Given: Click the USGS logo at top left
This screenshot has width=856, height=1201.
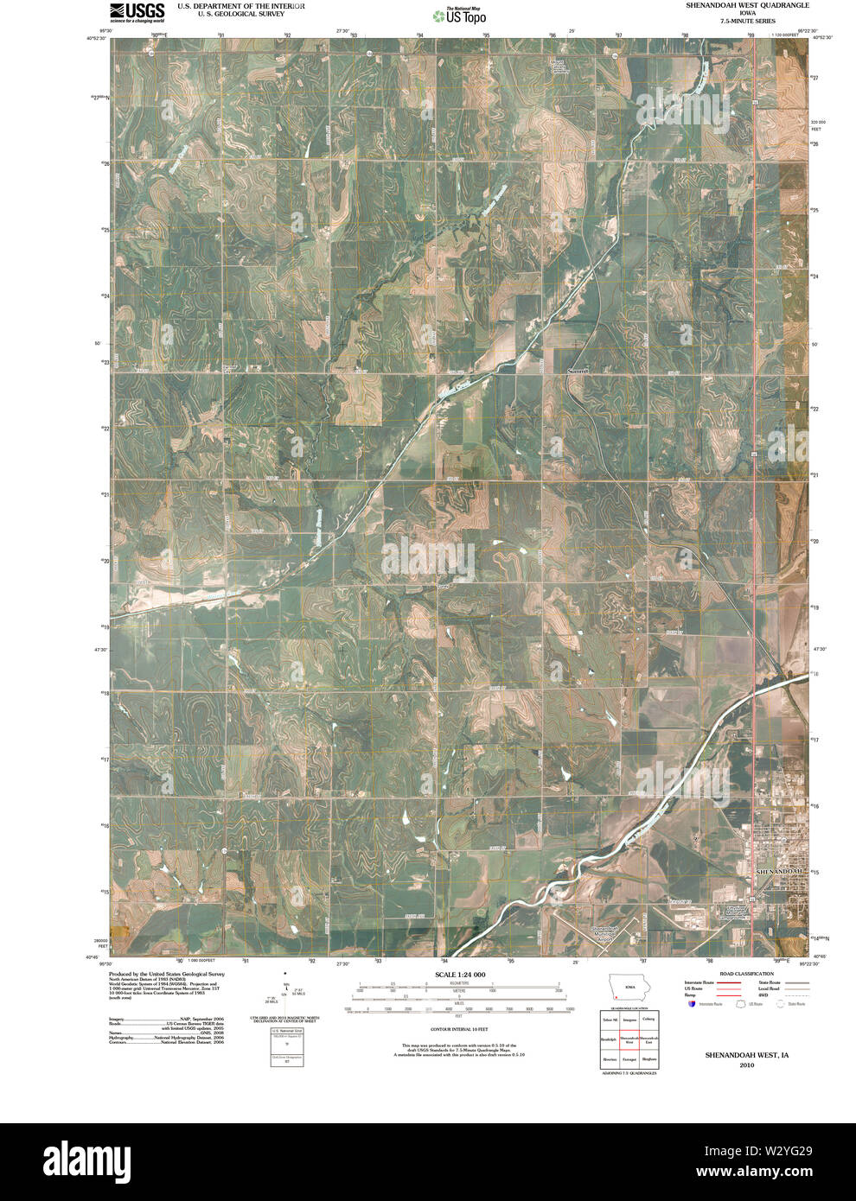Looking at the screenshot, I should pos(137,12).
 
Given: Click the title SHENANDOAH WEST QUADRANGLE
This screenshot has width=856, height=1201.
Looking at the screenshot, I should pos(748,5).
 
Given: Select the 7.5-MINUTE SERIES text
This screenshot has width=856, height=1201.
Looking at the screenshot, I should pos(748,22).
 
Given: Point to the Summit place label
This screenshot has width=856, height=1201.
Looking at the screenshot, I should pos(577,371).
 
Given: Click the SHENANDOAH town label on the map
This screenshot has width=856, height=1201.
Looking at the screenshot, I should pos(781,872).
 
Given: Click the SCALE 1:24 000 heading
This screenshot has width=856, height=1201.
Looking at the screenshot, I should pos(460,975).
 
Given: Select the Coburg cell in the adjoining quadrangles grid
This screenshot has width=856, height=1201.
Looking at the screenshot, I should pos(648,1020).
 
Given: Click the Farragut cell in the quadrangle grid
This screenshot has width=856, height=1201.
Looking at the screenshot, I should pos(629,1059).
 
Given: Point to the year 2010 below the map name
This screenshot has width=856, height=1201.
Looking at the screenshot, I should pos(746,1065).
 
